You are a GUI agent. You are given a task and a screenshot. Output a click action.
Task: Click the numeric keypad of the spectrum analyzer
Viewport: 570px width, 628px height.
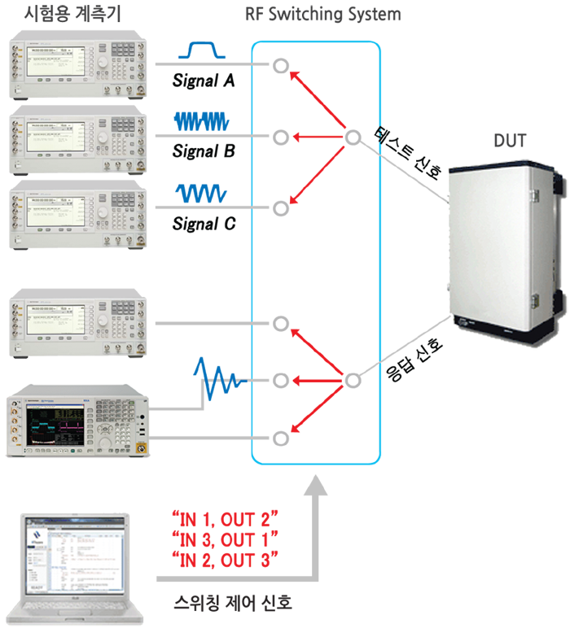click(x=122, y=427)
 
